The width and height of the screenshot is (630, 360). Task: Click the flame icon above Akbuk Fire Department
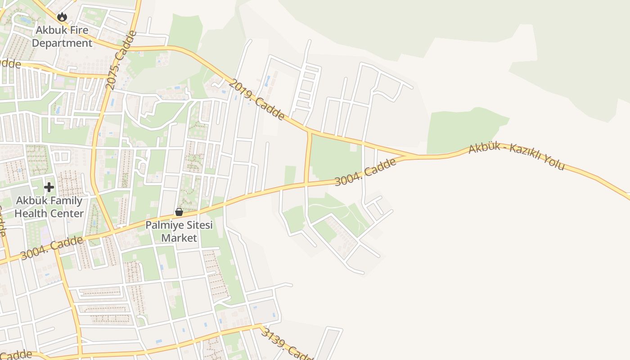[62, 17]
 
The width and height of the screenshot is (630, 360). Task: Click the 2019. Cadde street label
[256, 100]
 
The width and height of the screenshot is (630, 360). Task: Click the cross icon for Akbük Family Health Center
[49, 187]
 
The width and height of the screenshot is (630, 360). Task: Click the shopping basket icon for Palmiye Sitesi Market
[179, 211]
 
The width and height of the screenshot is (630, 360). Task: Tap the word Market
[179, 238]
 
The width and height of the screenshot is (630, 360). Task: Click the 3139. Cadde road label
[287, 344]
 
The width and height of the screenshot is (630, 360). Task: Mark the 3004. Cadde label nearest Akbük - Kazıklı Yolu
[365, 172]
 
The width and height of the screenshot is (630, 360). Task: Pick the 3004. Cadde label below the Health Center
[52, 247]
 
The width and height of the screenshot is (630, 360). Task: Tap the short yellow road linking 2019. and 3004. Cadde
[308, 157]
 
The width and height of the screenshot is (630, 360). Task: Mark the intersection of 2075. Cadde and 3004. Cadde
[112, 231]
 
